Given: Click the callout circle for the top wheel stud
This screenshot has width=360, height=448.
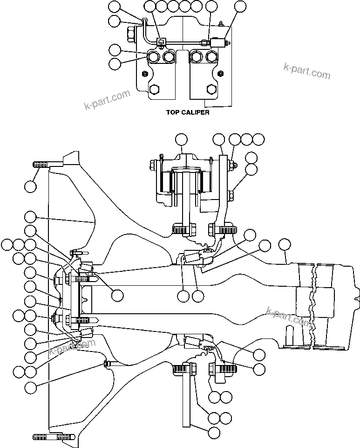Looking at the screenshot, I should coord(30,186).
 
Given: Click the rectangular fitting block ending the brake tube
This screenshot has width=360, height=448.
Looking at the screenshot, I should coord(217,42).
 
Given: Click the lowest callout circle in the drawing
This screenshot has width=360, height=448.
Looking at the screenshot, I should coord(214,432).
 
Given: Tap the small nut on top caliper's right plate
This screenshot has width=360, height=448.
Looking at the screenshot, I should coord(221,74).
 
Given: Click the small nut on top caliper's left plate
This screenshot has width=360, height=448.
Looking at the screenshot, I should coord(145,74).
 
